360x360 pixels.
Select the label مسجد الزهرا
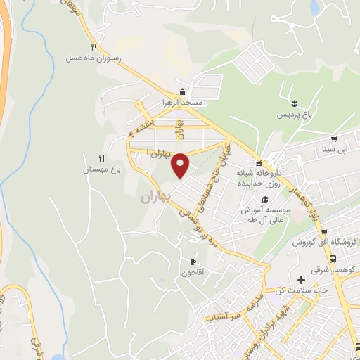(x=183, y=102)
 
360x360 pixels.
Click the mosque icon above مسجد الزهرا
(x=183, y=91)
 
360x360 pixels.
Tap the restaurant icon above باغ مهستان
(x=103, y=158)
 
